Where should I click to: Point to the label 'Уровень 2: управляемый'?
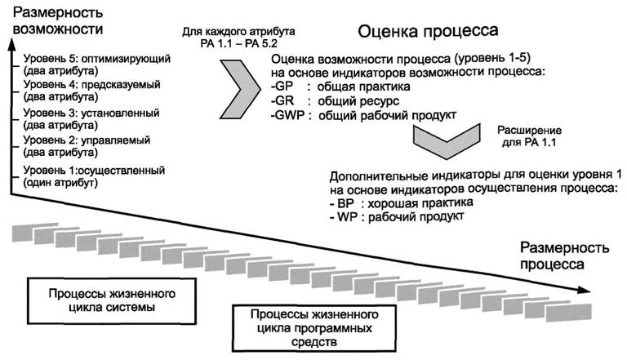pos(86,140)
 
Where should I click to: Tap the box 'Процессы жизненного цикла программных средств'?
pos(303,327)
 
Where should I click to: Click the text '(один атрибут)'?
pos(61,183)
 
